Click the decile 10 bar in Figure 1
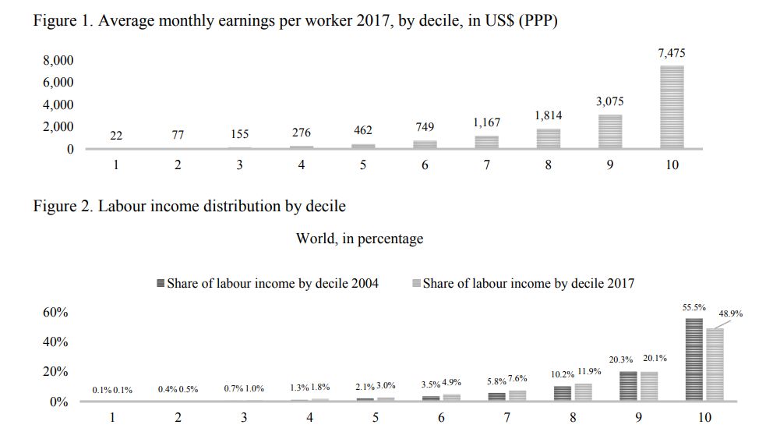tap(672, 107)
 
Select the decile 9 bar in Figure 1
tap(610, 131)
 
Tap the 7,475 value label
tap(672, 53)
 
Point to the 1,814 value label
tap(548, 115)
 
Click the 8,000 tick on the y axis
tap(58, 60)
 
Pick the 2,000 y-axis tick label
tap(58, 126)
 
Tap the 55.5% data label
tap(694, 307)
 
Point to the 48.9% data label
tap(730, 313)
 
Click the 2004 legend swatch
tap(161, 284)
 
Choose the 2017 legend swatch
tap(416, 284)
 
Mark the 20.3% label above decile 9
tap(622, 359)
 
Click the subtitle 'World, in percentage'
tap(359, 239)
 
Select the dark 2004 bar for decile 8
tap(563, 393)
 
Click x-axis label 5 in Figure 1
tap(363, 165)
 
